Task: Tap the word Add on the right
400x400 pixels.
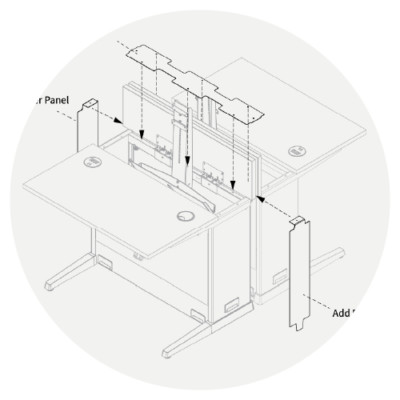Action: (x=342, y=312)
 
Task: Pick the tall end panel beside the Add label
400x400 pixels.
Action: (x=296, y=270)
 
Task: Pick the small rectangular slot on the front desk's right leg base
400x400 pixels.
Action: (x=229, y=304)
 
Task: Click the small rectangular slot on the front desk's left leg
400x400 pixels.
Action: (x=105, y=263)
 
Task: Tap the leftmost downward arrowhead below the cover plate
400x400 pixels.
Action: (x=143, y=136)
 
